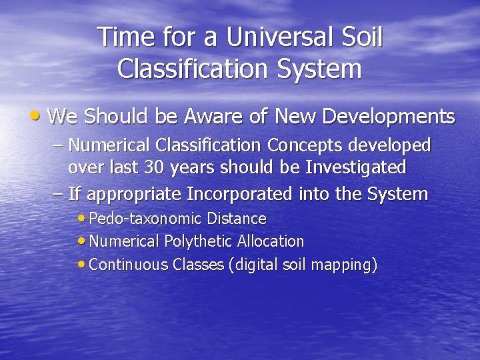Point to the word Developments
tap(388, 117)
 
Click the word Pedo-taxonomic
tap(145, 219)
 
